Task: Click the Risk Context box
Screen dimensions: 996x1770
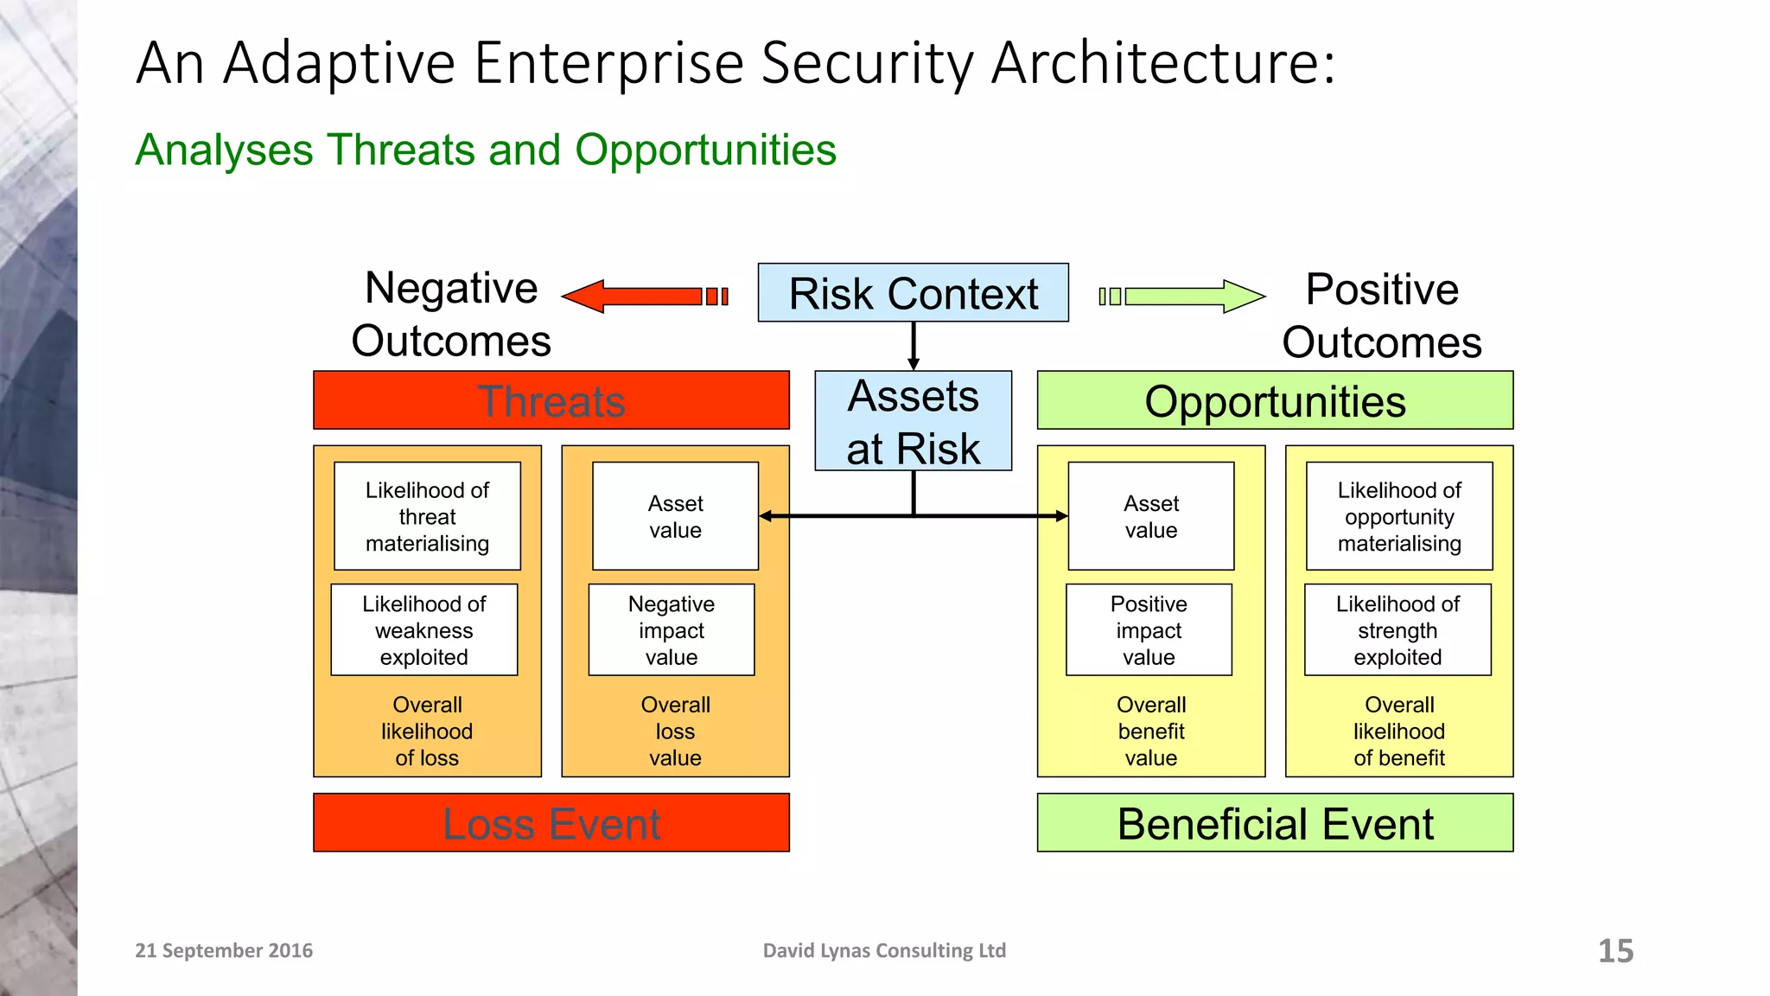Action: [x=913, y=293]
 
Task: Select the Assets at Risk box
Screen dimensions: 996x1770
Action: [x=913, y=421]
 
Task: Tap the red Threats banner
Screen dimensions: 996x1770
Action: [x=551, y=400]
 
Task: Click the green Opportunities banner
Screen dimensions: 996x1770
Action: [x=1275, y=400]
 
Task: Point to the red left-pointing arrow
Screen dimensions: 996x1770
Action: [x=644, y=297]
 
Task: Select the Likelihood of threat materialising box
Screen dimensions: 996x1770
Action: [x=427, y=516]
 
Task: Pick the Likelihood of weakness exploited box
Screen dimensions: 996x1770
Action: [x=423, y=630]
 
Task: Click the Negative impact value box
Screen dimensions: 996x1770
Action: [x=672, y=630]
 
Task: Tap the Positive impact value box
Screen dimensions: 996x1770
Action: [x=1149, y=630]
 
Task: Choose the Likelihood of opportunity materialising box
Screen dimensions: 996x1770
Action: [x=1399, y=516]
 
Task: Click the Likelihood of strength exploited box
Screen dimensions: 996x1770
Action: [x=1398, y=630]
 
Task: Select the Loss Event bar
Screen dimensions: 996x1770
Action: [x=551, y=823]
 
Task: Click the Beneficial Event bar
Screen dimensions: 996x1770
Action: [x=1275, y=823]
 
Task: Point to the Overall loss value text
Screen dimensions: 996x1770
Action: [x=675, y=731]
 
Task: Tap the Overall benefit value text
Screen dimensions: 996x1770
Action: [x=1150, y=731]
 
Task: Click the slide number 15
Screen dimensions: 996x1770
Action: [x=1615, y=951]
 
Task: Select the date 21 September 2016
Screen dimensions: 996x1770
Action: [x=224, y=950]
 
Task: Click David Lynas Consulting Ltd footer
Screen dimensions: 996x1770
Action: [x=884, y=950]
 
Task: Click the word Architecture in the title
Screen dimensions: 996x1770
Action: [x=1162, y=63]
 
